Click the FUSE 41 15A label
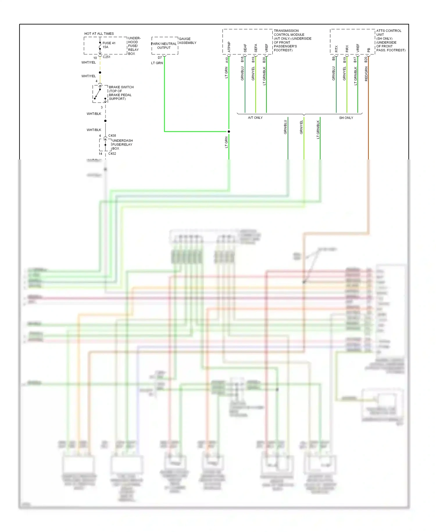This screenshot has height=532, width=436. [x=109, y=45]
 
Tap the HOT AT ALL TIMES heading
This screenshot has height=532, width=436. [x=99, y=33]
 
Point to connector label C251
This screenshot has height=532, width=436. [x=107, y=57]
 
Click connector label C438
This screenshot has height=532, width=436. [x=112, y=136]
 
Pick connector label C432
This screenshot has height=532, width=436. [x=112, y=154]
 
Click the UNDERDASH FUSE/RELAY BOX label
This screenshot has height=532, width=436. [x=122, y=144]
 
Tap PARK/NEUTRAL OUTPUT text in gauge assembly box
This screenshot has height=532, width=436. [x=164, y=46]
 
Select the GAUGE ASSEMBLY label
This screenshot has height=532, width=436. [x=187, y=41]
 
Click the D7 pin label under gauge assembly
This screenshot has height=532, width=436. [x=160, y=58]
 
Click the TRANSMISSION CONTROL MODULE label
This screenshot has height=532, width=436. [x=292, y=40]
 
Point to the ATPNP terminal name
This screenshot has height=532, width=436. [x=229, y=47]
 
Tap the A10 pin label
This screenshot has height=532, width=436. [x=227, y=60]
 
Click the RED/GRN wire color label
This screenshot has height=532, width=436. [x=366, y=74]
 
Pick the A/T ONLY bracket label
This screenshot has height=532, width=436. [x=255, y=118]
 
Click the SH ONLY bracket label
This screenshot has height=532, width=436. [x=346, y=118]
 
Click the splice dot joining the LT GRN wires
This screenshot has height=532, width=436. [x=229, y=132]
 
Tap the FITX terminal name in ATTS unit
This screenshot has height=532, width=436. [x=336, y=49]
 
